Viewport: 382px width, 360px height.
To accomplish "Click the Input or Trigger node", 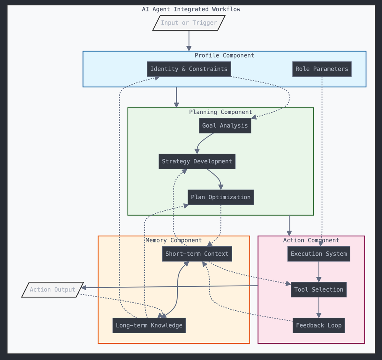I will point(189,23).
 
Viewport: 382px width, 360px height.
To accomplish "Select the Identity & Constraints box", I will point(189,69).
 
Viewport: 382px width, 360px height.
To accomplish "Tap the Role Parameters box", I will point(322,69).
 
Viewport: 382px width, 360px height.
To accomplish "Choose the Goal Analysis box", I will point(225,126).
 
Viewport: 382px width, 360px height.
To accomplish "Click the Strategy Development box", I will point(197,161).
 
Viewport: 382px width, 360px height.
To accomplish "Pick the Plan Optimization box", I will point(220,197).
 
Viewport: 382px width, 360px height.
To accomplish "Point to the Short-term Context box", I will point(197,254).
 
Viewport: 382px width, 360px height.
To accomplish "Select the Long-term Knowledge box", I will point(149,326).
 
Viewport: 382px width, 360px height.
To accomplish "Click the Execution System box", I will point(319,254).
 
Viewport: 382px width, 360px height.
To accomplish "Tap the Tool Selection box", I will point(319,290).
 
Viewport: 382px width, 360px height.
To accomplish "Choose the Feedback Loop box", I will point(319,326).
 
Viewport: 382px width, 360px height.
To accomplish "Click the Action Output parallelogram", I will point(52,290).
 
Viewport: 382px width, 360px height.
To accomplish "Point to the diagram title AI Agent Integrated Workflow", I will point(191,9).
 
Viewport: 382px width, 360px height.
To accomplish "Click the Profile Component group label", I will point(224,56).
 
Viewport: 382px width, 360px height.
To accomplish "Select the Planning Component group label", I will point(220,112).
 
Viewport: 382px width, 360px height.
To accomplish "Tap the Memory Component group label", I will point(173,241).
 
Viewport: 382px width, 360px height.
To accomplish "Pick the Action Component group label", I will point(311,241).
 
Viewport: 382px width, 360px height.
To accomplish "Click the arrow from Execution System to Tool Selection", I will point(319,271).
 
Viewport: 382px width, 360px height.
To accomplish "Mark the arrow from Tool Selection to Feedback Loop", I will point(319,307).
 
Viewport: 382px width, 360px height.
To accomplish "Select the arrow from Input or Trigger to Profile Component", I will point(189,40).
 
